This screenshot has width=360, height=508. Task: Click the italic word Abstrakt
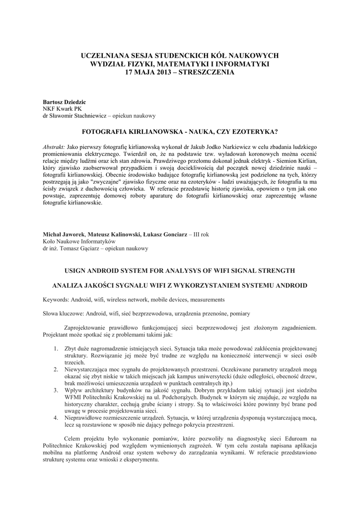(54, 148)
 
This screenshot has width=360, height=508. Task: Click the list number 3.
(56, 391)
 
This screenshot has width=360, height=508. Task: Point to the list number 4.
(56, 418)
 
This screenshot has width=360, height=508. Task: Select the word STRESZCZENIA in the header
(210, 72)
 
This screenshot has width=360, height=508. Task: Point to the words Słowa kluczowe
(63, 314)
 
